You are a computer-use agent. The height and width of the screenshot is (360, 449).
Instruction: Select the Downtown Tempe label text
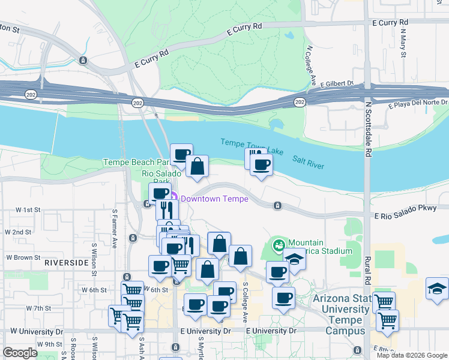coord(214,199)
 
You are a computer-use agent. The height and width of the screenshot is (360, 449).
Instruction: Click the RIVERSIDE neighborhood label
coord(66,263)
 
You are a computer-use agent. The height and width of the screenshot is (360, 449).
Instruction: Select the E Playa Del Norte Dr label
coord(418,106)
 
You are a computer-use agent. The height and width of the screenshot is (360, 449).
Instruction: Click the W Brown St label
coord(23,257)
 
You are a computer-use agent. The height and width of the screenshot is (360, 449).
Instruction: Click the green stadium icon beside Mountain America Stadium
coord(279,244)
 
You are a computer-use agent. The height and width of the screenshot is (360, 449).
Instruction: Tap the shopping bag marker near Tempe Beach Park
coord(197,166)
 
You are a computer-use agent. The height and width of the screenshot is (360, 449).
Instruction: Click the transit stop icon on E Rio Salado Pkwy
coord(277,205)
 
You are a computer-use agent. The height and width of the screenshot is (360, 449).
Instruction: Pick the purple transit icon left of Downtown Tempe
coord(173,197)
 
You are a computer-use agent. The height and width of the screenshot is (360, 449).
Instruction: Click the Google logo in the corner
coord(20,353)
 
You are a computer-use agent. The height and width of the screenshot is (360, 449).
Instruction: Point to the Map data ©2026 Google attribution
coord(411,355)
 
